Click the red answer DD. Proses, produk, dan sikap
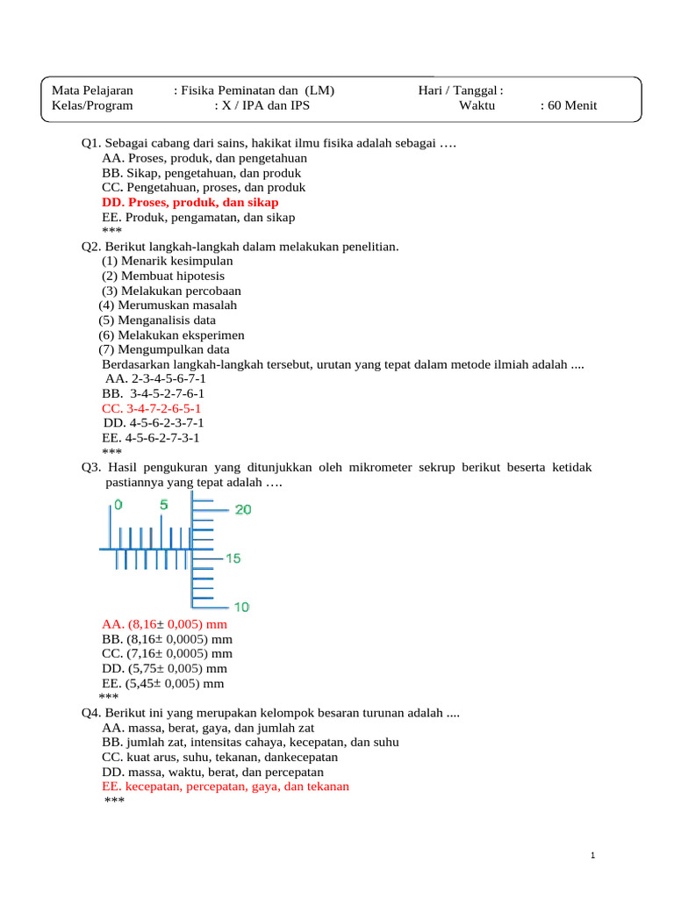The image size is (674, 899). click(190, 203)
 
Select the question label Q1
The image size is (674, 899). click(91, 143)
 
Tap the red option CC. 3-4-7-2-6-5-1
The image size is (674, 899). click(152, 408)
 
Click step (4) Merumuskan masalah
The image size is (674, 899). click(168, 305)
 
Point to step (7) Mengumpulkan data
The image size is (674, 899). click(164, 349)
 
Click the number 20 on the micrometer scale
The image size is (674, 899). click(242, 510)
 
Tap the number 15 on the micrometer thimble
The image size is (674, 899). click(233, 558)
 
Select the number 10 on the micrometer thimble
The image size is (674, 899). click(241, 607)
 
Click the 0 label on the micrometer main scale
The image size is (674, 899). click(118, 505)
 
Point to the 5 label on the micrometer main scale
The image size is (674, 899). click(163, 505)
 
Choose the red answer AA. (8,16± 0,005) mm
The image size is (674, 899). click(165, 624)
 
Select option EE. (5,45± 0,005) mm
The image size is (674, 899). click(163, 683)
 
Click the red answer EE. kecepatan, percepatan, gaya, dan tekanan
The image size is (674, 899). click(226, 786)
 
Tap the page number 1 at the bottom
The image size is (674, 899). click(595, 856)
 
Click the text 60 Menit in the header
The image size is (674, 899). click(570, 105)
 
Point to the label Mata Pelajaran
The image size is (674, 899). click(92, 90)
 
